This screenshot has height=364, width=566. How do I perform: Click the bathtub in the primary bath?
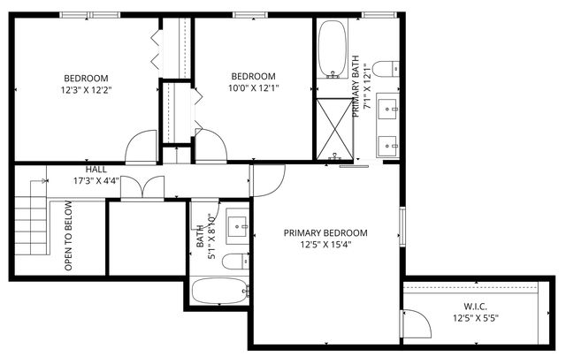pos(333,49)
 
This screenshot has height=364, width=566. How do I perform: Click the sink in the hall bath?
pos(236,227)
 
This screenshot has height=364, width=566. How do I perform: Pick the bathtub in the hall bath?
pos(220,292)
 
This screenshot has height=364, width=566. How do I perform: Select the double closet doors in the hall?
pos(141,187)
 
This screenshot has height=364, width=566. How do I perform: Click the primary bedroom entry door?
pos(267,181)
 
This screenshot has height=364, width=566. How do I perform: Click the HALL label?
pos(97,169)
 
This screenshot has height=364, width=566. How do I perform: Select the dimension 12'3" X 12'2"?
pos(86,89)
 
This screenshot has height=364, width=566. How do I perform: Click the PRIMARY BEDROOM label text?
pos(325,233)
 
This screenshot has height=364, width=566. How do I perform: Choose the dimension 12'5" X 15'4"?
pos(325,246)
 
